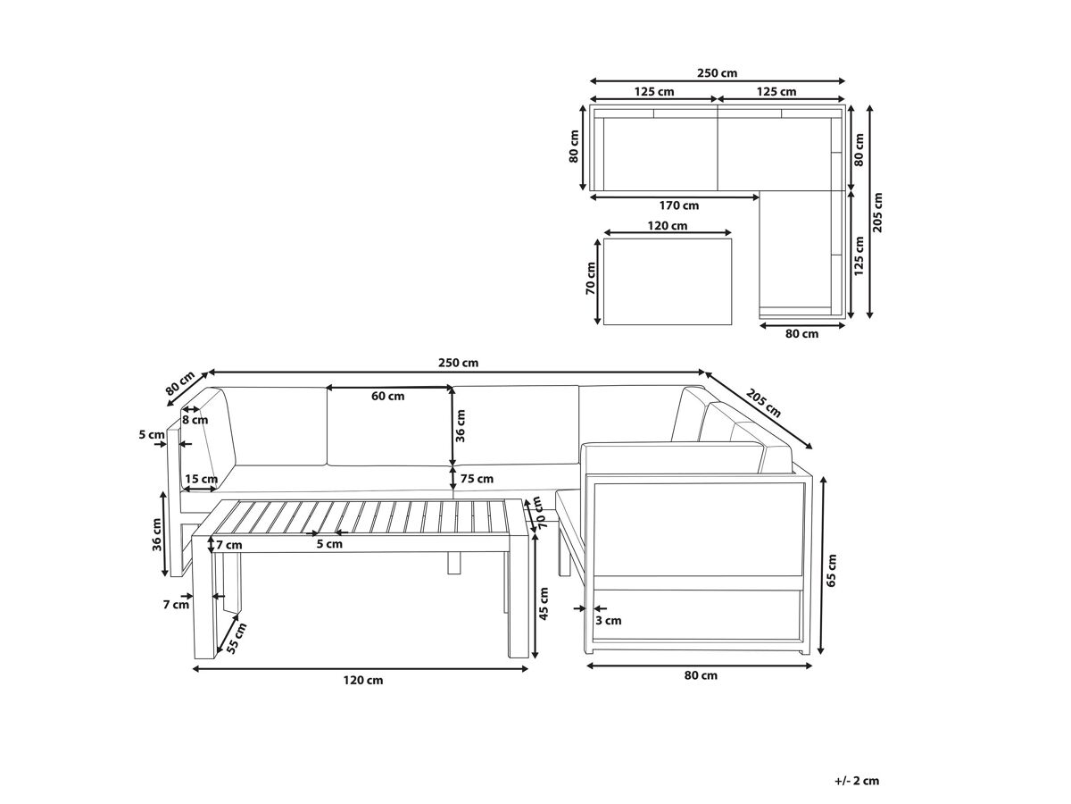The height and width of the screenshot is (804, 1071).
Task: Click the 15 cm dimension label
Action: tap(201, 479)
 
